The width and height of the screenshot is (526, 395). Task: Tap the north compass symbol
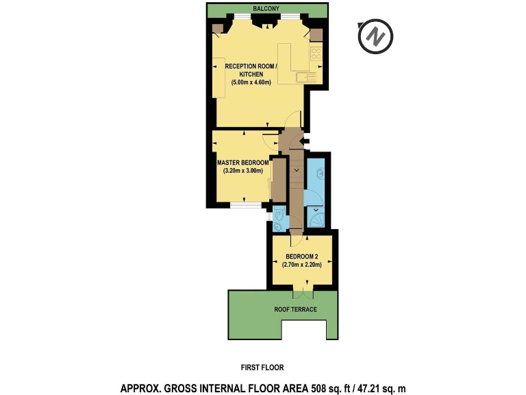click(x=375, y=36)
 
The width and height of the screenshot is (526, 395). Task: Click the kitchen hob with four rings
click(x=316, y=54)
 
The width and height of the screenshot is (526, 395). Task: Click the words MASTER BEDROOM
click(x=242, y=163)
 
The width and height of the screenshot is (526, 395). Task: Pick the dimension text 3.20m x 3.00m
click(x=243, y=171)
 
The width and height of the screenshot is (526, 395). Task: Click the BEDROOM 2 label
click(x=302, y=259)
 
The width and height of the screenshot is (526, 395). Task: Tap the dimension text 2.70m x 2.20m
click(x=302, y=267)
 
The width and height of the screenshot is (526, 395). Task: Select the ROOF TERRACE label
click(x=295, y=309)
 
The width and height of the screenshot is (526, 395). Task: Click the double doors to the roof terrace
click(x=302, y=293)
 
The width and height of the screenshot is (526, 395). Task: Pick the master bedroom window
click(x=242, y=204)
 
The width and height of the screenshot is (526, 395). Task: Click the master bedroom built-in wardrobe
click(x=278, y=180)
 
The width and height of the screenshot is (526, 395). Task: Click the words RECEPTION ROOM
click(x=250, y=66)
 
